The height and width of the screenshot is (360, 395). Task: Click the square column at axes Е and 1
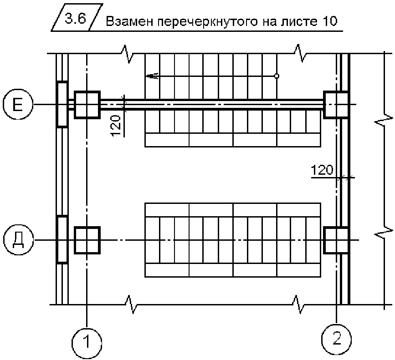click(x=87, y=105)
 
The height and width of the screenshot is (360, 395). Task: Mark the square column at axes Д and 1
click(x=87, y=240)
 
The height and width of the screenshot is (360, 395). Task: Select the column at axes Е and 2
click(x=336, y=105)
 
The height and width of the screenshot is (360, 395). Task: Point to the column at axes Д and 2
click(x=336, y=240)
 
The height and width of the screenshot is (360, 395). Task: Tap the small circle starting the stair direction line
click(x=276, y=76)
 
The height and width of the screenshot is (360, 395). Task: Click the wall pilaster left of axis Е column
click(x=62, y=104)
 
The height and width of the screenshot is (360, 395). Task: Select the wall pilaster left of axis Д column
click(x=62, y=239)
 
